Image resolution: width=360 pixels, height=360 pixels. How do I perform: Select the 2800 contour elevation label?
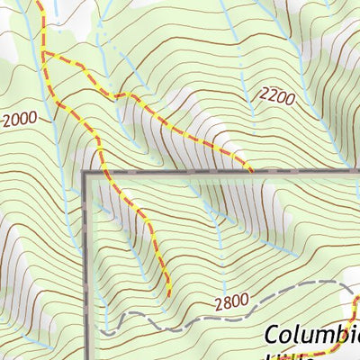[x=232, y=303]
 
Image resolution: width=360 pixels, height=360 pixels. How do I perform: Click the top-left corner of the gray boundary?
[x=86, y=171]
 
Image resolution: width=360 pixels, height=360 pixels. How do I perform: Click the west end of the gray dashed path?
[x=103, y=331]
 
